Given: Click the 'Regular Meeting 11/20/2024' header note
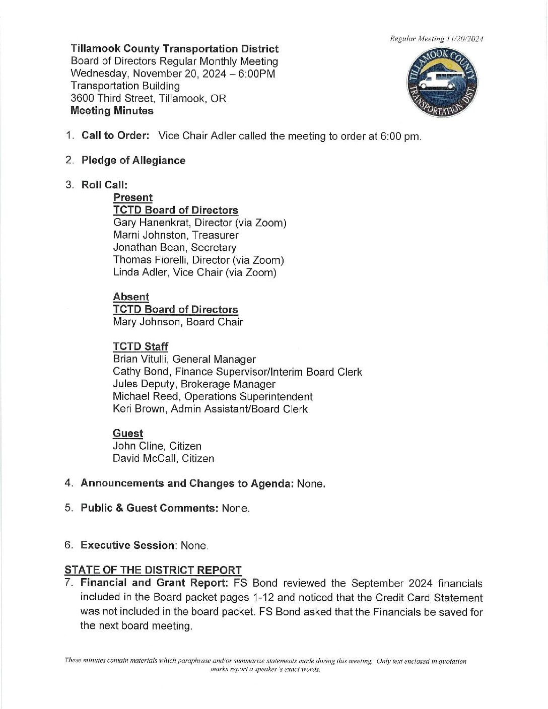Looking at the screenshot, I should coord(437,39).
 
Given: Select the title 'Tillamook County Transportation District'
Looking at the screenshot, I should coord(174,49).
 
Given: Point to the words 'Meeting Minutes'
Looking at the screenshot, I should coord(112,111).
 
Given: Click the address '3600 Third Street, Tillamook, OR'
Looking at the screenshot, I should coord(148,98).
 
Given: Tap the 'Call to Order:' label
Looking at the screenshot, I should coord(115,135).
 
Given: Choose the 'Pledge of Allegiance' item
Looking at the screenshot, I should coord(133,160).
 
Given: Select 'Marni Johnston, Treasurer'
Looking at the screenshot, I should coord(176,235).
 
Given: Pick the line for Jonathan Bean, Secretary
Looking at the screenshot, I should coord(174,247).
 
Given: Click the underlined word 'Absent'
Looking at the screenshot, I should coord(131,297).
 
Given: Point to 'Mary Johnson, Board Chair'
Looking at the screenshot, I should coord(178,322).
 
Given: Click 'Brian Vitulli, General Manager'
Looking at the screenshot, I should coord(184,359).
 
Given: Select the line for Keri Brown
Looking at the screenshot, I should coord(210,409).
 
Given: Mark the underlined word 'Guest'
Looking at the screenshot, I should coord(128,434).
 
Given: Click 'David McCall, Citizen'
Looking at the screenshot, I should coord(163,458).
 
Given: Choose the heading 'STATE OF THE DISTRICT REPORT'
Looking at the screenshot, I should coord(153,570).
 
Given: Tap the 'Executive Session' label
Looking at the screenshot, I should coord(128,545).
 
